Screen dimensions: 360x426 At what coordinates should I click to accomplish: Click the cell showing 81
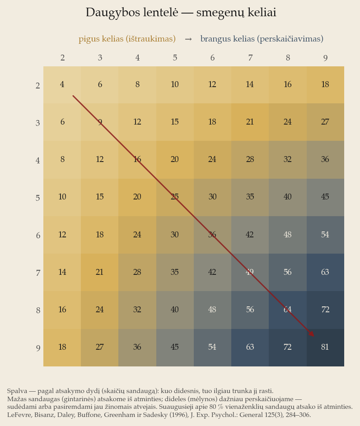(x=325, y=347)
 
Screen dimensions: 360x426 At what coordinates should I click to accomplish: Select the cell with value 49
(x=250, y=273)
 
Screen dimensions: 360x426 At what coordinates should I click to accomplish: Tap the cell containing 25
(x=175, y=198)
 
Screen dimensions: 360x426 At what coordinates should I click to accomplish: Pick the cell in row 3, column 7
(x=250, y=122)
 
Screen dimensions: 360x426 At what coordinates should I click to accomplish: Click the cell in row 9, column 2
(x=62, y=347)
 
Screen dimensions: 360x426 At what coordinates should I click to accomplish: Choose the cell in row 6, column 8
(x=288, y=235)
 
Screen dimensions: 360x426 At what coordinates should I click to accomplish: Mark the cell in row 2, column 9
(x=325, y=85)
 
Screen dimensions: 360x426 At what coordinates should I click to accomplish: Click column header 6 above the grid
(x=212, y=58)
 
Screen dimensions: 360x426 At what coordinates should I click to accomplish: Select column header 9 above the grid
(x=325, y=58)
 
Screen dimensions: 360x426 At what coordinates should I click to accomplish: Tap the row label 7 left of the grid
(x=38, y=273)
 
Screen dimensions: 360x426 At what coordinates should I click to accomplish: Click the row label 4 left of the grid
(x=38, y=160)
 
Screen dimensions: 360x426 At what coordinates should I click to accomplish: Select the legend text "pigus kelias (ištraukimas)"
(x=127, y=39)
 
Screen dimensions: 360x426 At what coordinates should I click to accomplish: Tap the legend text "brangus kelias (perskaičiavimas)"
(x=262, y=39)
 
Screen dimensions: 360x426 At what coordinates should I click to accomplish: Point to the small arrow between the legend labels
(x=188, y=39)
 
